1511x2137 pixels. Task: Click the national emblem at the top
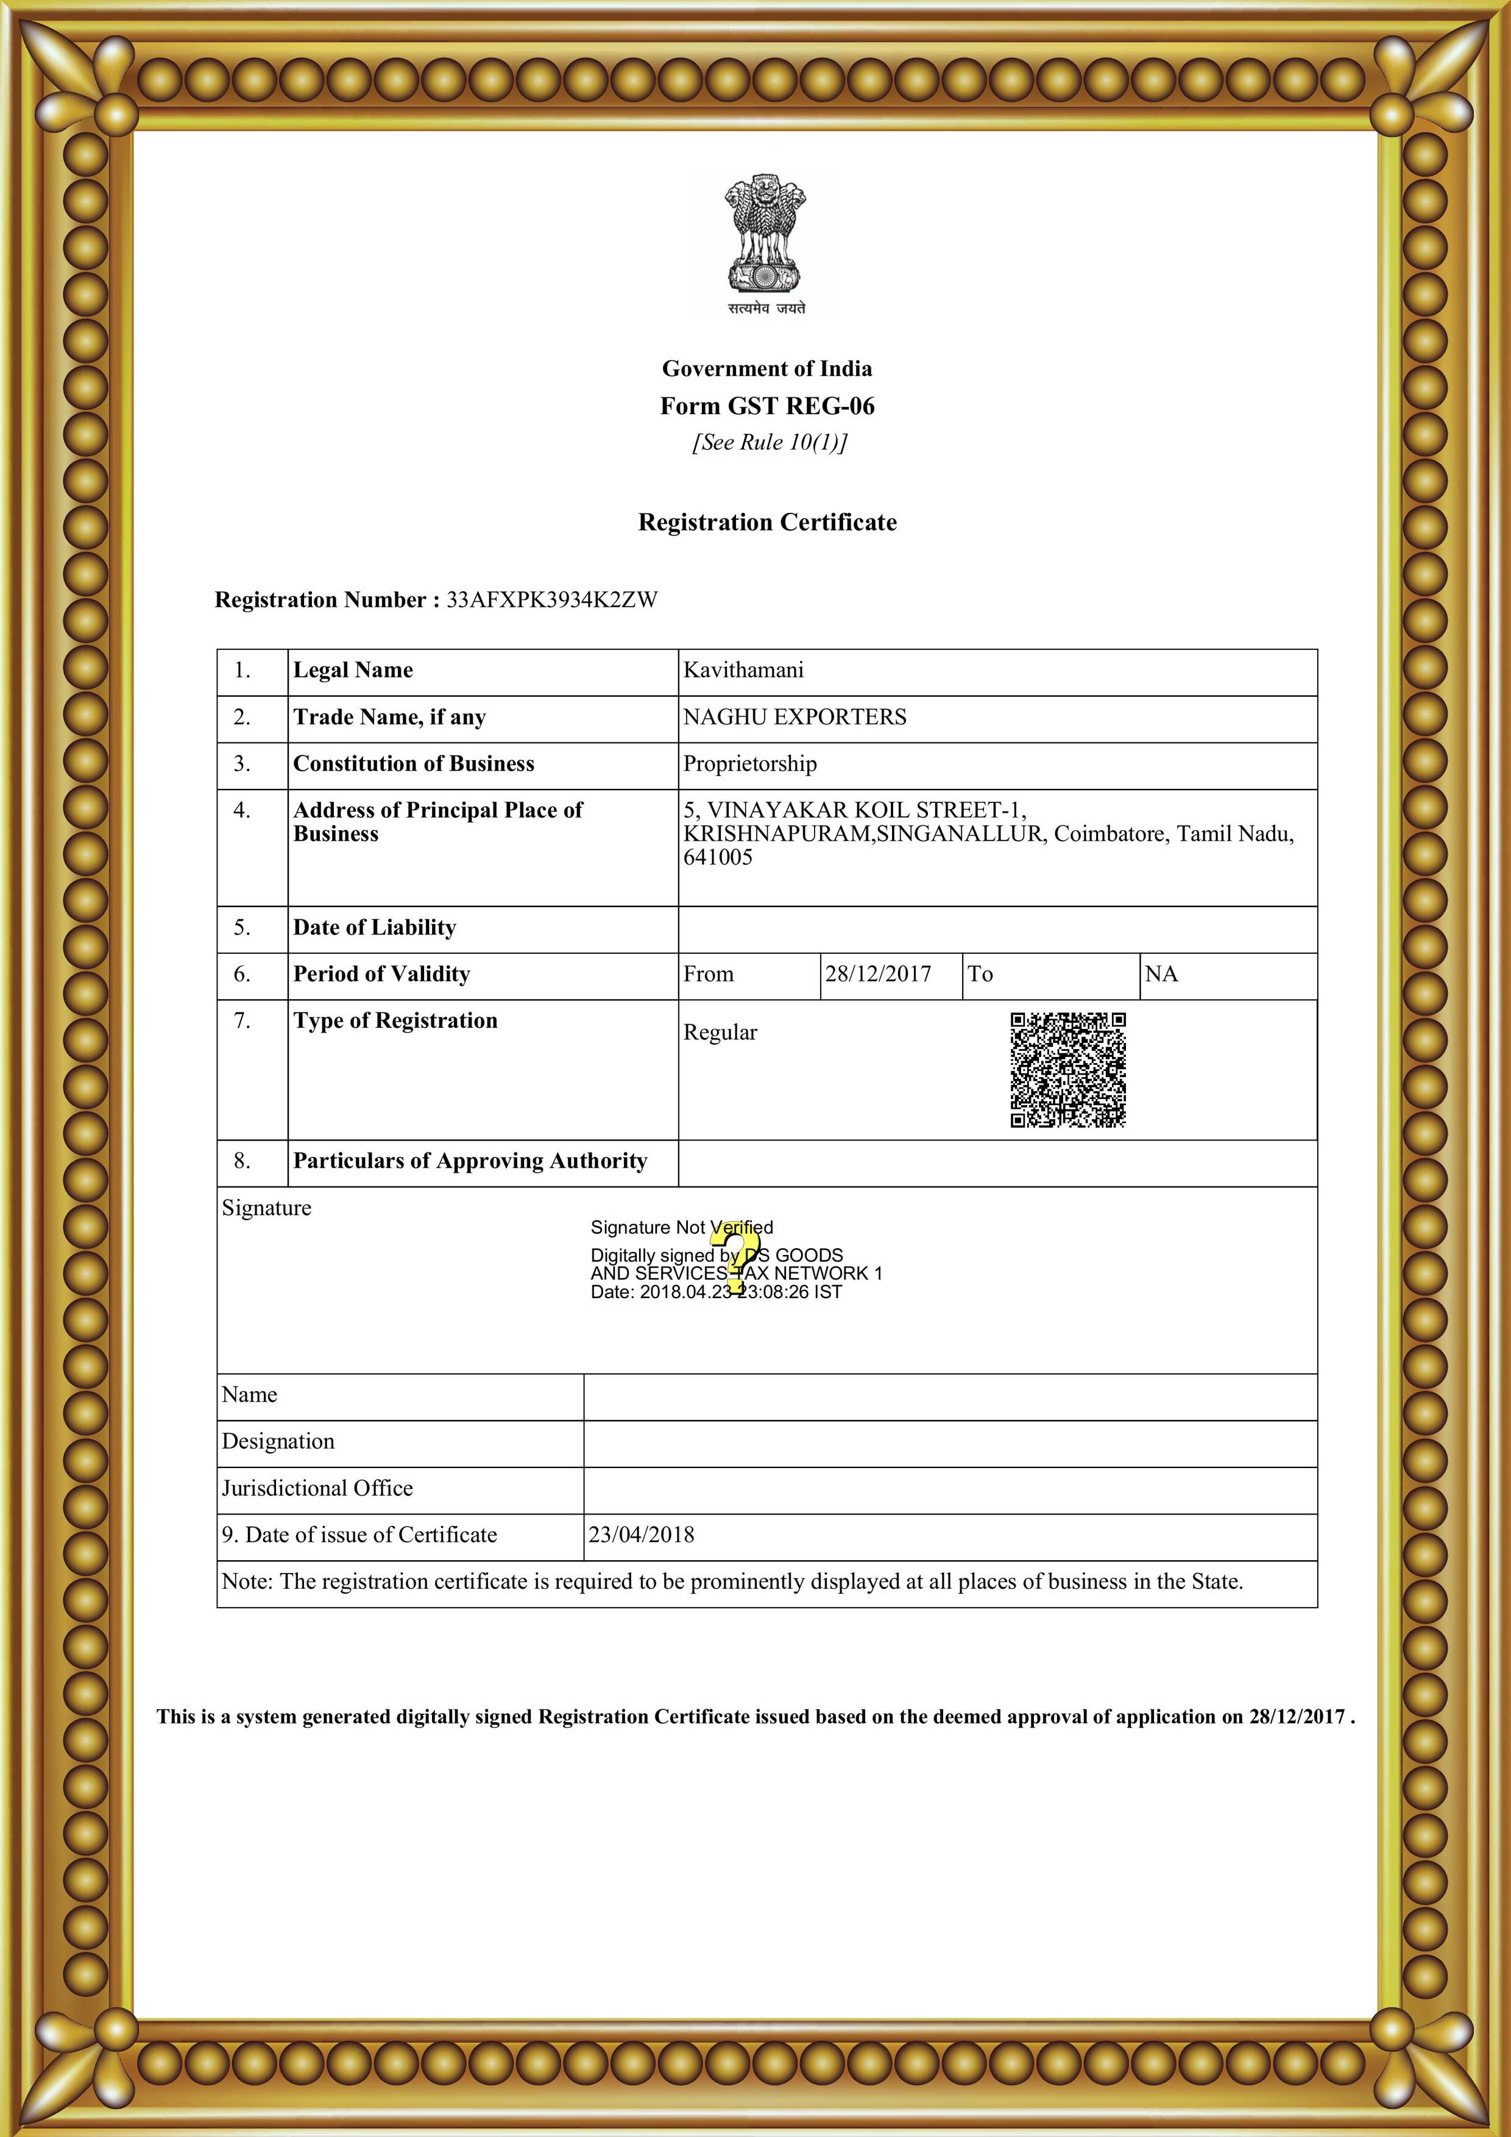[x=766, y=242]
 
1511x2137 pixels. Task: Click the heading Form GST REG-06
[x=767, y=406]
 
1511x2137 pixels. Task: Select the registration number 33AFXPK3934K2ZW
[x=552, y=599]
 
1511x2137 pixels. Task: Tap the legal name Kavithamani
[x=743, y=670]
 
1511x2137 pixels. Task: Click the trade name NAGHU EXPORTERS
[x=794, y=716]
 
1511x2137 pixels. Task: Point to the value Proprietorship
[x=749, y=764]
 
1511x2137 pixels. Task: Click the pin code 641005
[x=718, y=857]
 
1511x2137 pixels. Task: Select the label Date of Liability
[x=374, y=927]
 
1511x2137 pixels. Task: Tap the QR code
[x=1068, y=1070]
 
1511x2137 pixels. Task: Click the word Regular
[x=720, y=1032]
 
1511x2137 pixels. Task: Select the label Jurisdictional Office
[x=317, y=1488]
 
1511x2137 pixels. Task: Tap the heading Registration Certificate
[x=767, y=522]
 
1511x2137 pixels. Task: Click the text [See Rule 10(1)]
[x=769, y=442]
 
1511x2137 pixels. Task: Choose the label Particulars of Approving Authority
[x=470, y=1160]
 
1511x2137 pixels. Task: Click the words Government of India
[x=767, y=369]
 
